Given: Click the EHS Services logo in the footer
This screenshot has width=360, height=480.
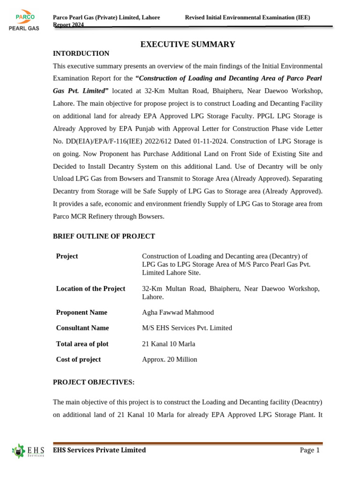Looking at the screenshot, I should [28, 451].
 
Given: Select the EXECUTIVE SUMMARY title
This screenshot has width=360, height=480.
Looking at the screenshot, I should [188, 45].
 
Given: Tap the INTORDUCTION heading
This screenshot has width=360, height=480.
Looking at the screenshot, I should [81, 53].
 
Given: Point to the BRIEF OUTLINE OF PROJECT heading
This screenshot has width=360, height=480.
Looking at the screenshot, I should [104, 236].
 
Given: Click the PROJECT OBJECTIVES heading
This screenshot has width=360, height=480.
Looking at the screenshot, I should [94, 382].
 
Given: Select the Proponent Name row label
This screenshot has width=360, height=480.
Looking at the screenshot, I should [82, 313].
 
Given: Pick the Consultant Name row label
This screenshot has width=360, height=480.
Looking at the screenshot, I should [82, 328].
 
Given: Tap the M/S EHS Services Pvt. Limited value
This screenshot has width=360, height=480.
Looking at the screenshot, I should [187, 328].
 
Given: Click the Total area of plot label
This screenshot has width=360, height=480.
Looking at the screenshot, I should [82, 344].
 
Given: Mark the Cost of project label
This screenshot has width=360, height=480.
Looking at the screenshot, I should [78, 360].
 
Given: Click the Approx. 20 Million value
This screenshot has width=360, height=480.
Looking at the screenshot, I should [169, 360].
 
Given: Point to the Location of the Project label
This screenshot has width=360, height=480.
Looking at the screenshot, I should [90, 289].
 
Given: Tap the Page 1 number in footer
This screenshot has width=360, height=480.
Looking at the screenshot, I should [309, 450].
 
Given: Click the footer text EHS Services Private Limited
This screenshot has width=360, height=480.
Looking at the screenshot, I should [99, 450].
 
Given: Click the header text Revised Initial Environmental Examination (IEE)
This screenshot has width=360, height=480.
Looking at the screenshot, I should [247, 17].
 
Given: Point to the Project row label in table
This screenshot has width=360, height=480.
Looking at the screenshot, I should [67, 256].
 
